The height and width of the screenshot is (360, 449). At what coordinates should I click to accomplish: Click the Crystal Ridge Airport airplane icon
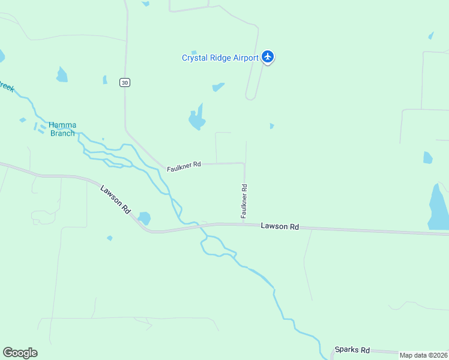pos(268,57)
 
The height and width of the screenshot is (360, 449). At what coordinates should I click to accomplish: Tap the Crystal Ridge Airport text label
pos(220,58)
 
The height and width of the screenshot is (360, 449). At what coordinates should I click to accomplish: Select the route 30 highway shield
pos(124,83)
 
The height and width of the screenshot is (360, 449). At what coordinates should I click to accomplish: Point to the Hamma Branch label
pos(62,129)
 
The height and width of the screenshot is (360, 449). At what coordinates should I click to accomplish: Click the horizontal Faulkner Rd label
pos(184,166)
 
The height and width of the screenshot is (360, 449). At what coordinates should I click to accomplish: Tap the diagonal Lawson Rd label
pos(116,200)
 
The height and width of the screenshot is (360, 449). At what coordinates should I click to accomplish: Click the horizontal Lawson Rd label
pos(280,226)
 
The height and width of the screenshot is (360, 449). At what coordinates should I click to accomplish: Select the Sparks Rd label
pos(352,350)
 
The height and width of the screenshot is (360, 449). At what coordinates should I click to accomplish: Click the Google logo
pos(20,353)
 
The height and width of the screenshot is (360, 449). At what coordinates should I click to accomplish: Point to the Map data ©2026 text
pos(424,355)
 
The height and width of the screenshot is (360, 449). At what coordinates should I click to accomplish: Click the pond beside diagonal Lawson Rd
pos(144,218)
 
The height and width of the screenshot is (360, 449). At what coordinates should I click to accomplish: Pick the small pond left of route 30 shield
pos(105,80)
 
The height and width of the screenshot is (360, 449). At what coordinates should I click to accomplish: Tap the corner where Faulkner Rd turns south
pos(244,163)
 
